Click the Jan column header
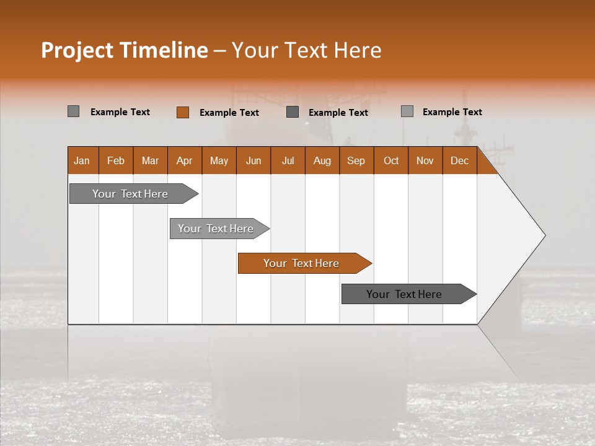82,160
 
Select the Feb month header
116,160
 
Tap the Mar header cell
150,160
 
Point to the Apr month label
185,160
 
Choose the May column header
219,160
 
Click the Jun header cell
253,160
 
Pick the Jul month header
288,160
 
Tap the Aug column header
322,160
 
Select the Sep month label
356,160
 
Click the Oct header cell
391,160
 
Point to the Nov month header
425,160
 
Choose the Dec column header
460,160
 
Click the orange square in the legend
182,112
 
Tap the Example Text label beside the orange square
229,113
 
